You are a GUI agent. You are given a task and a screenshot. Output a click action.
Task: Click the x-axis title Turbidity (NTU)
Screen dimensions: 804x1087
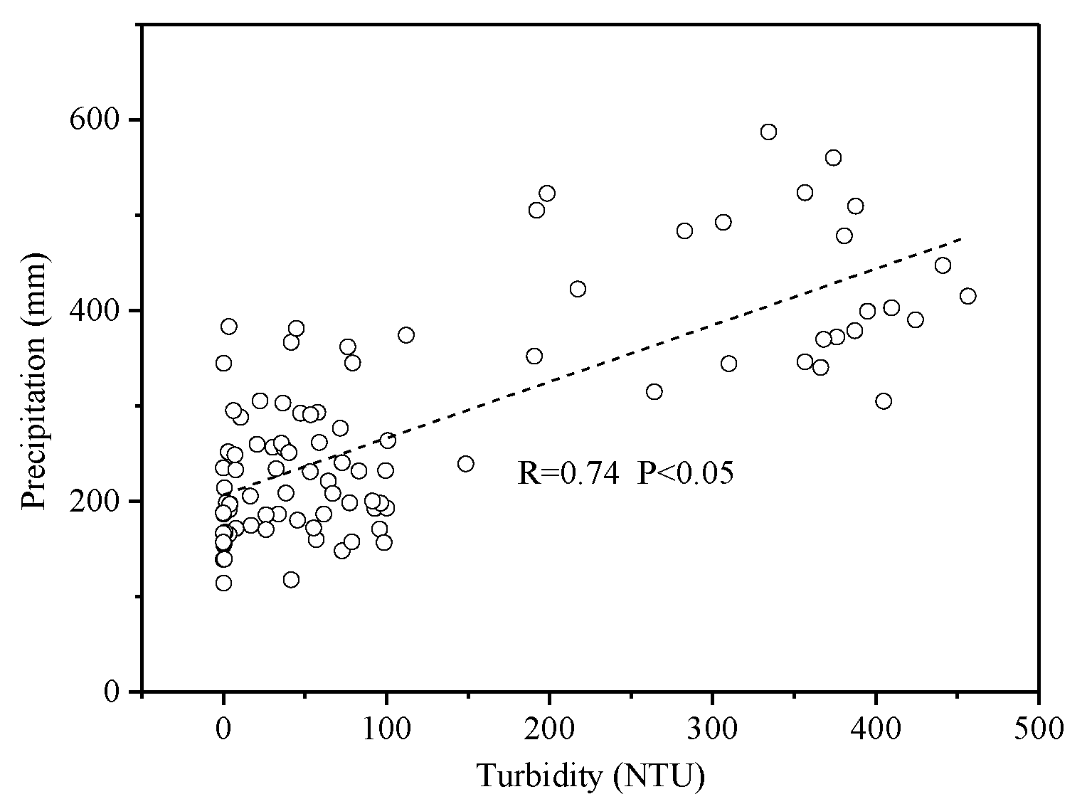[x=590, y=776]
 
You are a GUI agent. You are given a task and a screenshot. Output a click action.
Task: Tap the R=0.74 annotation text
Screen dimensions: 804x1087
[x=568, y=473]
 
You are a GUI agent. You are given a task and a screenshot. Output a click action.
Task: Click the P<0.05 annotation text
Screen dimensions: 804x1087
[x=684, y=473]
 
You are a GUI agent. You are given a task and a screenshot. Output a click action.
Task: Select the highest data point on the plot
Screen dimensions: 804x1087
[x=768, y=132]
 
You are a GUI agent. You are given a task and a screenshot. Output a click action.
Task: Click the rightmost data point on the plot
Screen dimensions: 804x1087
[x=967, y=296]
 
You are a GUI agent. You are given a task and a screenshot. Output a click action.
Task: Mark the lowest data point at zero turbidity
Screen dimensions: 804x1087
[x=223, y=583]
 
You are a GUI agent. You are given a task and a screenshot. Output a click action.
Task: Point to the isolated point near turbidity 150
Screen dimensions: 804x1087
[x=466, y=464]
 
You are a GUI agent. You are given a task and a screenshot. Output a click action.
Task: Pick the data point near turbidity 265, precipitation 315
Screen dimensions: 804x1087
[x=654, y=391]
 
